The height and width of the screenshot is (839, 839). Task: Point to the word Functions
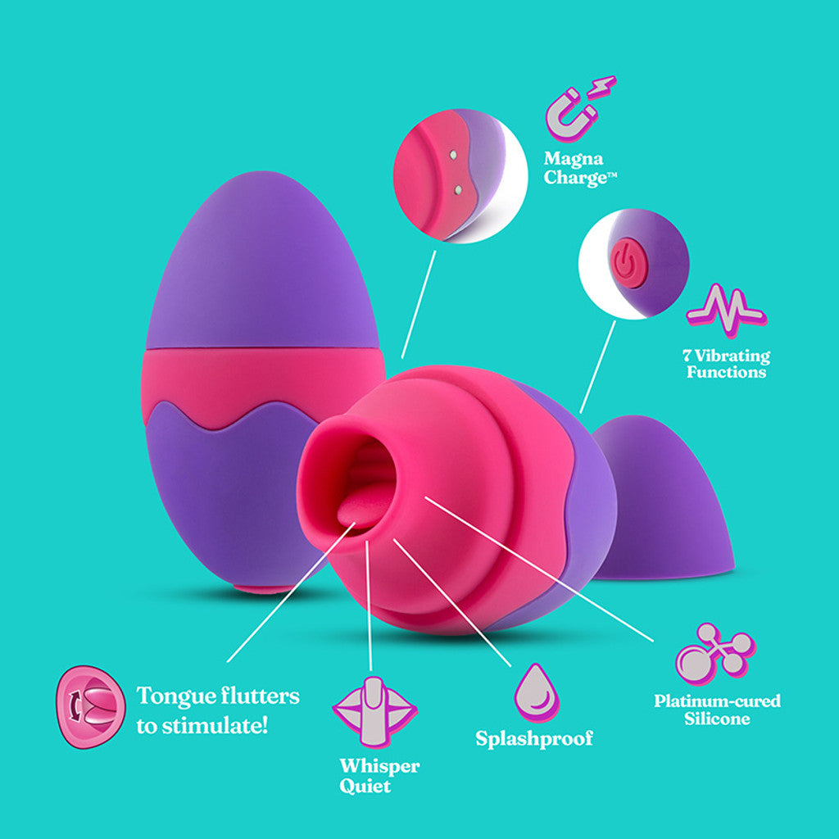click(x=726, y=372)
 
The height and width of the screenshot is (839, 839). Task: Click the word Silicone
click(x=717, y=719)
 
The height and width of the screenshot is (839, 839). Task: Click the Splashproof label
click(x=534, y=738)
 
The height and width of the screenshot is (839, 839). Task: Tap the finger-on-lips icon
click(x=374, y=710)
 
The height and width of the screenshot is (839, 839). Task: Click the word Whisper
click(x=379, y=767)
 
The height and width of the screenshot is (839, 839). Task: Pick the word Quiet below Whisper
click(x=365, y=787)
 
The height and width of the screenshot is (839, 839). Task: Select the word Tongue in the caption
click(x=170, y=696)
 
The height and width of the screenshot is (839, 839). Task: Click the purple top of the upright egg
click(x=262, y=262)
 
